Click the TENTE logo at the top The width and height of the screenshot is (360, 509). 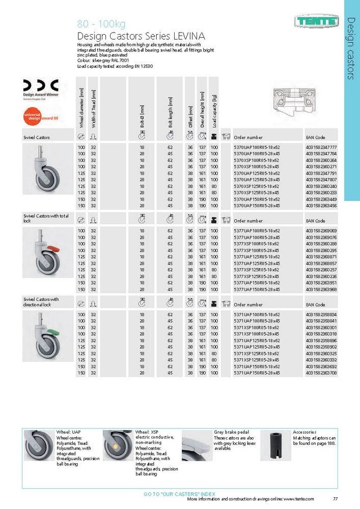point(316,21)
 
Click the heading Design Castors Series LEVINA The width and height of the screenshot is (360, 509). point(141,36)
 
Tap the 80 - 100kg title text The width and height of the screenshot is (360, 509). point(101,24)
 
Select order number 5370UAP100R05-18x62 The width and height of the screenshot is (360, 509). point(257,147)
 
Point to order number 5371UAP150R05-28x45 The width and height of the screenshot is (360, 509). point(257,373)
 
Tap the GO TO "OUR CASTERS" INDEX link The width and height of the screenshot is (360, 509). point(180,494)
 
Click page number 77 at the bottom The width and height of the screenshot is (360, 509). point(335,499)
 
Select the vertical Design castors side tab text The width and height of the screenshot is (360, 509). point(351,48)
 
